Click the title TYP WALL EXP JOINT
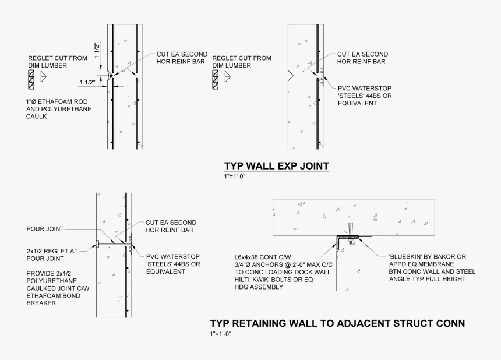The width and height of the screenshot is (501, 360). click(x=276, y=166)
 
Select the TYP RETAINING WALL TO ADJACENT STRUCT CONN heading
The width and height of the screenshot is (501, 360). click(x=337, y=324)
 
